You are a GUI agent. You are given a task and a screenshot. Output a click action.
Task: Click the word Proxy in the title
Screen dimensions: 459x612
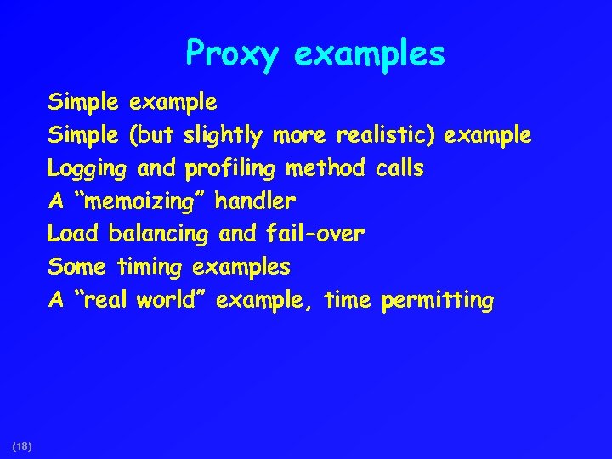pos(231,55)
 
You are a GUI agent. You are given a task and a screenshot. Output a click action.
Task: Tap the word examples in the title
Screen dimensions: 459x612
pos(369,55)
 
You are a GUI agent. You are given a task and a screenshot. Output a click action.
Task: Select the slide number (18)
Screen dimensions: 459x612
pos(22,445)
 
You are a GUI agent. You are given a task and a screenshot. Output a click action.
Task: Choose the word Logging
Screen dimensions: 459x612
pos(87,169)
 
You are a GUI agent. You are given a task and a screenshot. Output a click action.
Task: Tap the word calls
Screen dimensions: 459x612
pos(399,168)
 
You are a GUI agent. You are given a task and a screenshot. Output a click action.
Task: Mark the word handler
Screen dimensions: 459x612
pos(256,201)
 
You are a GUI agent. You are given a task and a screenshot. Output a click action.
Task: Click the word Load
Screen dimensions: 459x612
pos(73,234)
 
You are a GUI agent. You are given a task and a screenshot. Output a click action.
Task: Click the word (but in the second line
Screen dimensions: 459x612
pos(150,136)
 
